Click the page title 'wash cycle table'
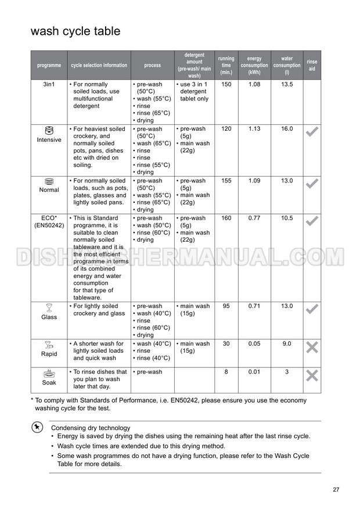pyautogui.click(x=75, y=31)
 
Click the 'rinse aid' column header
pyautogui.click(x=312, y=65)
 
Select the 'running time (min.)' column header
pyautogui.click(x=226, y=65)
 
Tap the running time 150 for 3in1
pyautogui.click(x=226, y=85)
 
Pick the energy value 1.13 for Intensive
pyautogui.click(x=254, y=129)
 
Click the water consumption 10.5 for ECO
pyautogui.click(x=287, y=219)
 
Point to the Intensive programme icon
pyautogui.click(x=49, y=130)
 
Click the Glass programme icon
pyautogui.click(x=49, y=307)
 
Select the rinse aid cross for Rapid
pyautogui.click(x=312, y=348)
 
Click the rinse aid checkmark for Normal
pyautogui.click(x=312, y=184)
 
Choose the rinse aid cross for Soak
pyautogui.click(x=312, y=375)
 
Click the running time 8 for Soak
pyautogui.click(x=226, y=372)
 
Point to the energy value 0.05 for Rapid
pyautogui.click(x=254, y=344)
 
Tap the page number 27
pyautogui.click(x=336, y=489)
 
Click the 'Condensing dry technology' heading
pyautogui.click(x=91, y=428)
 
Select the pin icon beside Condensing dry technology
pyautogui.click(x=37, y=427)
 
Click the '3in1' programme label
pyautogui.click(x=49, y=85)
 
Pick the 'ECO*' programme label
pyautogui.click(x=49, y=219)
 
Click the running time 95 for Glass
pyautogui.click(x=226, y=306)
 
